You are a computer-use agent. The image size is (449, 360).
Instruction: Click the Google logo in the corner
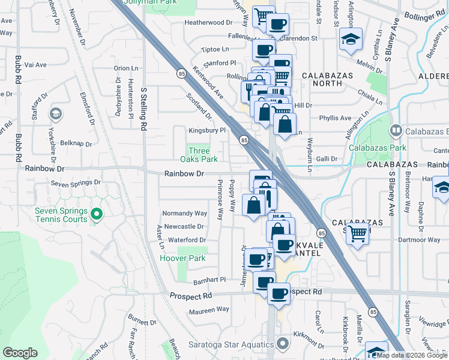point(20,353)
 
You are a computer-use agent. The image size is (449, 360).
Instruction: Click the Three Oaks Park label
point(199,155)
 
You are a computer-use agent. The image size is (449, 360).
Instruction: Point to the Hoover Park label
point(182,259)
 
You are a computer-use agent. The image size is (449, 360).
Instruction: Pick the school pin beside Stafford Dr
point(55,113)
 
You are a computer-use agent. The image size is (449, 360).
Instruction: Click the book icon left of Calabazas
point(396,130)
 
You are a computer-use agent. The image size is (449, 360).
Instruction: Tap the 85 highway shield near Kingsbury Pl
point(244,140)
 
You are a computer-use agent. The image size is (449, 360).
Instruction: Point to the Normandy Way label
point(185,213)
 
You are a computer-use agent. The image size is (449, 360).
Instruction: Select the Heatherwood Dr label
point(208,22)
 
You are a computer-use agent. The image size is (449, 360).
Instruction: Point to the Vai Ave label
point(19,65)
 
